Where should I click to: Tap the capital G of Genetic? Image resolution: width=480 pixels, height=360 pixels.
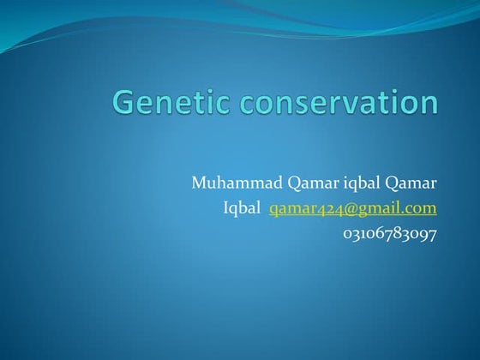(x=125, y=101)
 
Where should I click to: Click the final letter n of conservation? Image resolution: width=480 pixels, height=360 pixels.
(x=429, y=103)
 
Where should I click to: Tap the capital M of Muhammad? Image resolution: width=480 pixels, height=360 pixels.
(x=199, y=183)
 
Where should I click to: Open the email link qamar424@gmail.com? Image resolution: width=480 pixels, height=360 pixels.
(x=352, y=208)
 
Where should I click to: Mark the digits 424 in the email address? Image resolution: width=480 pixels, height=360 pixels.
(x=329, y=208)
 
